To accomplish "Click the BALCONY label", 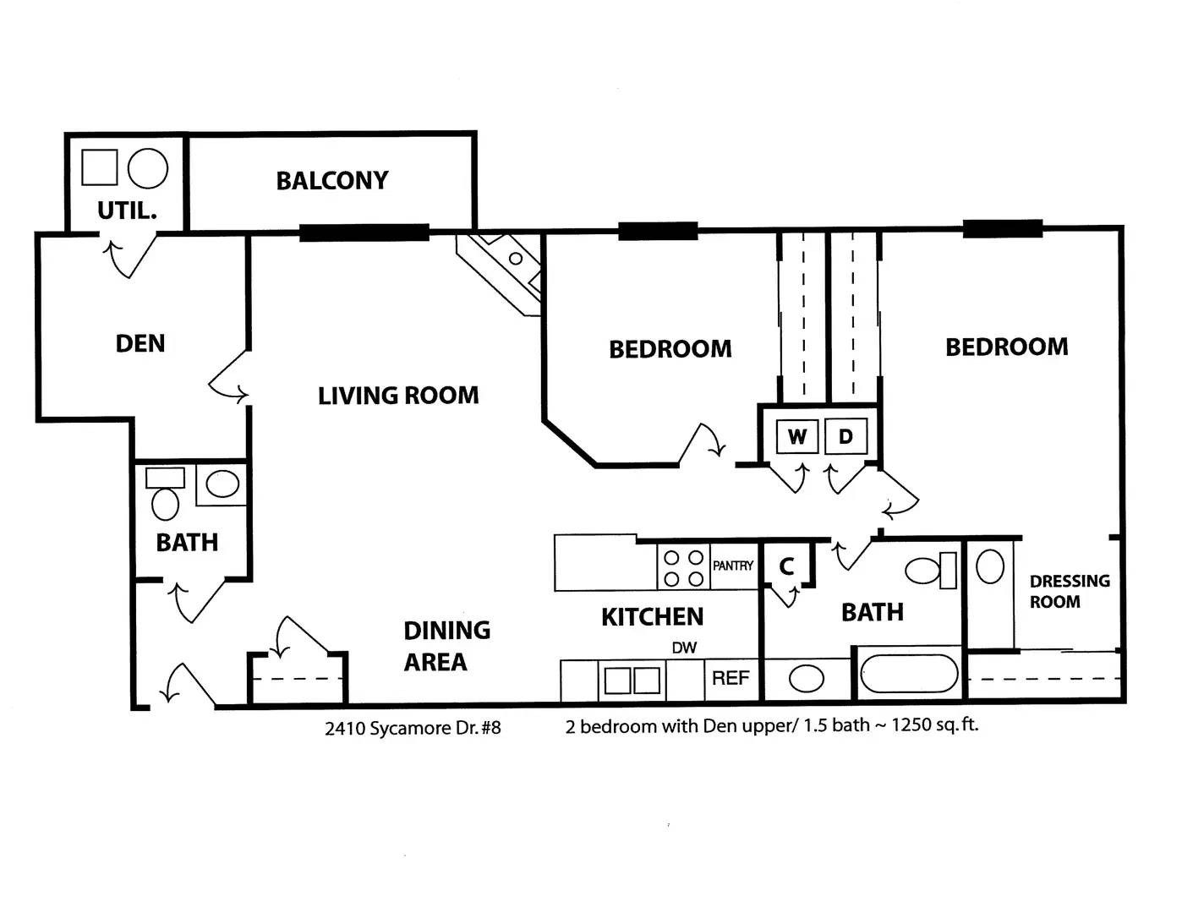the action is click(x=332, y=181).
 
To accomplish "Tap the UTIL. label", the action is click(x=128, y=210).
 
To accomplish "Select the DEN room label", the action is click(x=140, y=344).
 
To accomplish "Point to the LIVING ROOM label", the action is click(x=398, y=396).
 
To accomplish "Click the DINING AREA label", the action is click(x=446, y=646).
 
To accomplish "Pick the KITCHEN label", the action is click(x=652, y=616).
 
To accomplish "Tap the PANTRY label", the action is click(x=733, y=566).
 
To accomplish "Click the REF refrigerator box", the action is click(x=731, y=679).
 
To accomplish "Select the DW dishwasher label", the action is click(x=684, y=648).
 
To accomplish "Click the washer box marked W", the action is click(x=797, y=436).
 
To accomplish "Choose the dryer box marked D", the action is click(x=845, y=436).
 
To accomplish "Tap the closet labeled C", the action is click(x=787, y=566).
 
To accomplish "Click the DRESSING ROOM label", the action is click(x=1070, y=591).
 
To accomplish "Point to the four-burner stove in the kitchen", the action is click(x=683, y=566).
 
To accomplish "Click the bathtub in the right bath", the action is click(x=908, y=673).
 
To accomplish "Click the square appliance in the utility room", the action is click(x=100, y=167).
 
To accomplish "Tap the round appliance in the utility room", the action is click(x=148, y=168).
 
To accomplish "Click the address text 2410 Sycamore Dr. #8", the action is click(x=413, y=728).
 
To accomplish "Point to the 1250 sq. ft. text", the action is click(x=935, y=724).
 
